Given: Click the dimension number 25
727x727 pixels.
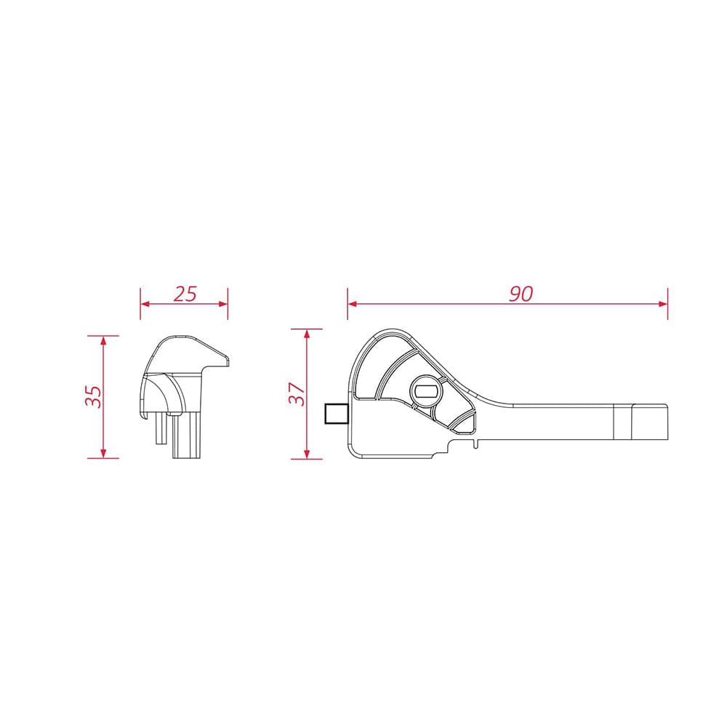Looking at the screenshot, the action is point(185,294).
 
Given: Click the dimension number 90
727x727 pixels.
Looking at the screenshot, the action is point(521,294).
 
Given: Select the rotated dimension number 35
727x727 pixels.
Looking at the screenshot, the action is point(94,396).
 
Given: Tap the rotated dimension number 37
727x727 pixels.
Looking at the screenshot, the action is point(297,394).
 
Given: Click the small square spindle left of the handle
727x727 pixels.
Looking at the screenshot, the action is point(337,414).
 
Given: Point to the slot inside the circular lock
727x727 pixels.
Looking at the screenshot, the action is point(426,391).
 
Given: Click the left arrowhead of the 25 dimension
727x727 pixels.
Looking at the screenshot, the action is point(145,304).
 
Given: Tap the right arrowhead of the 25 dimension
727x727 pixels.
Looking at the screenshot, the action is point(223,304).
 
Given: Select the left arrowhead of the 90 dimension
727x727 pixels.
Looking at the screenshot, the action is point(353,304).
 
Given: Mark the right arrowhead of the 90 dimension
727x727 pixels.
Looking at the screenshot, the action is point(663,304).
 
